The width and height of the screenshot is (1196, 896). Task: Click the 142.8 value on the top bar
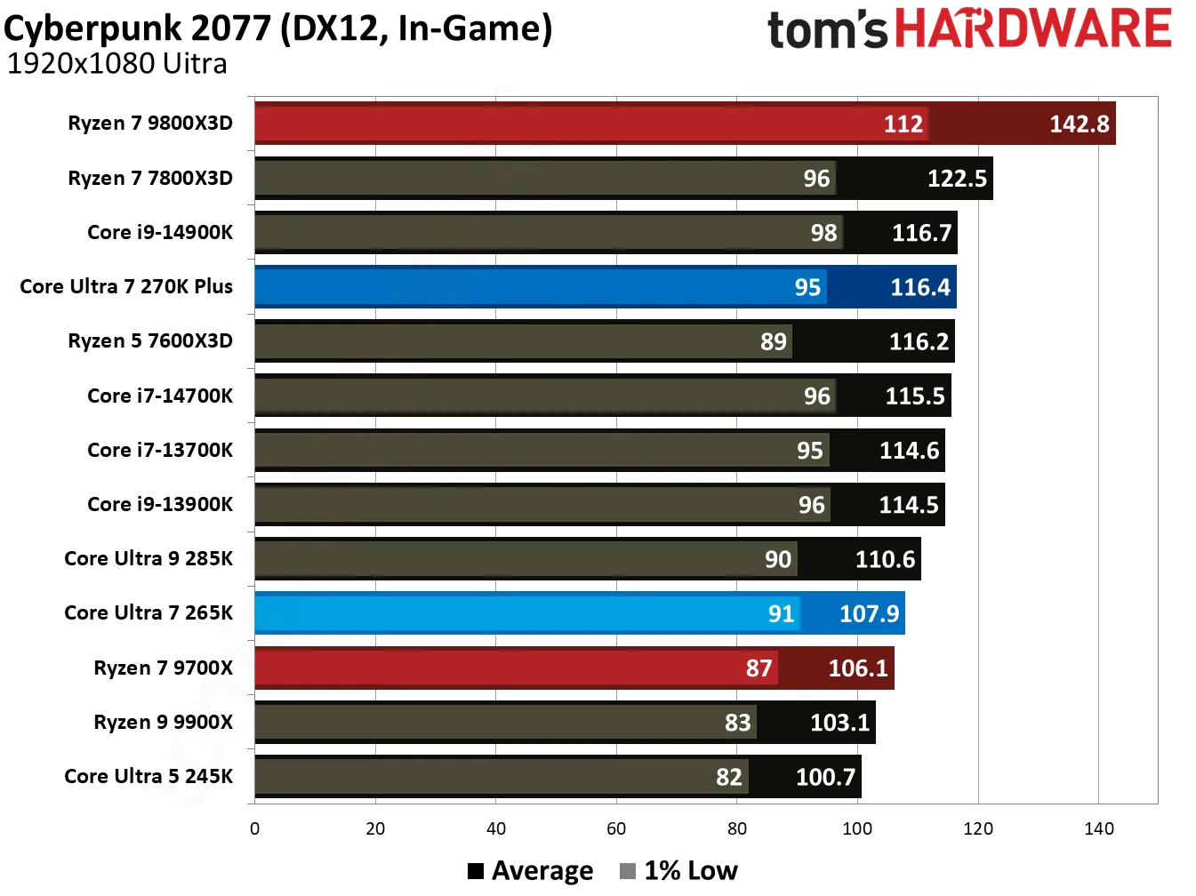click(1079, 124)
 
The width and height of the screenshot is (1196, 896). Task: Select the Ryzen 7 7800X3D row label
click(150, 178)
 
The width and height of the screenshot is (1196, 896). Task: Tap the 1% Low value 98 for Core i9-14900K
click(823, 233)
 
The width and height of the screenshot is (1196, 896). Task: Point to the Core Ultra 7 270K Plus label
click(126, 286)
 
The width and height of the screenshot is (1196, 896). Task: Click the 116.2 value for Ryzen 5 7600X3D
click(919, 341)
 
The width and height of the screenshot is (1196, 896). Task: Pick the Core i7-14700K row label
click(160, 396)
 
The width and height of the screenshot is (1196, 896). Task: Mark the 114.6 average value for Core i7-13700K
click(909, 451)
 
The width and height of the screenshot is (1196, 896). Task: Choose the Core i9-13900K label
click(160, 504)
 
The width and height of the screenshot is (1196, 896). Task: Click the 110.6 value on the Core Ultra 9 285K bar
click(885, 559)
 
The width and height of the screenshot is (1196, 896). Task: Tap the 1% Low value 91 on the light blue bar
click(781, 613)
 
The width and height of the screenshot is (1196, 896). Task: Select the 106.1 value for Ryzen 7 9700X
click(857, 668)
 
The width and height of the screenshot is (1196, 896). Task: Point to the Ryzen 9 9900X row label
click(164, 722)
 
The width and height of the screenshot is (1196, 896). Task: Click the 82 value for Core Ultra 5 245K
click(728, 777)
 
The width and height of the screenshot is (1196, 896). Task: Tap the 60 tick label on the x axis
click(616, 828)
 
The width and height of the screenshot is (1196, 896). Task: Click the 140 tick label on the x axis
click(1099, 828)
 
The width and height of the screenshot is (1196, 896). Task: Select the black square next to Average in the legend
click(476, 871)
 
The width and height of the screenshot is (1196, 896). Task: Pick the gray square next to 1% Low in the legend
click(628, 871)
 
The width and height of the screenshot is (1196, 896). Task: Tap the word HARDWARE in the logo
click(1032, 28)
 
